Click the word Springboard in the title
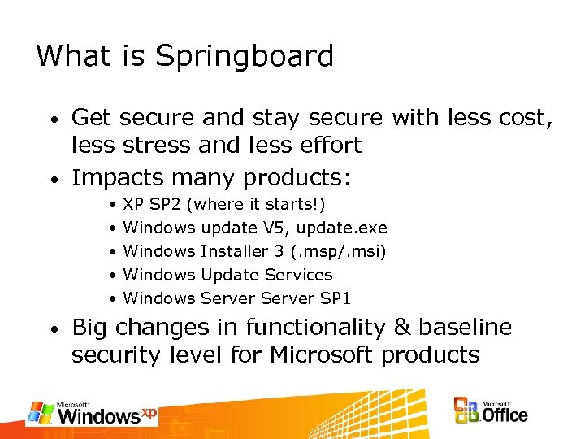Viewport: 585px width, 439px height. pos(245,57)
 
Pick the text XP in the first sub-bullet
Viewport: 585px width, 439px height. pos(133,205)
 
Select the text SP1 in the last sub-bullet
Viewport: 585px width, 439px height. pos(335,299)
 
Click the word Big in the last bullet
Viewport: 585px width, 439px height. pos(90,328)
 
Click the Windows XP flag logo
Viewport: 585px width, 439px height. pos(41,412)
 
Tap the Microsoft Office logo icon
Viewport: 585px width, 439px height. pos(467,411)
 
